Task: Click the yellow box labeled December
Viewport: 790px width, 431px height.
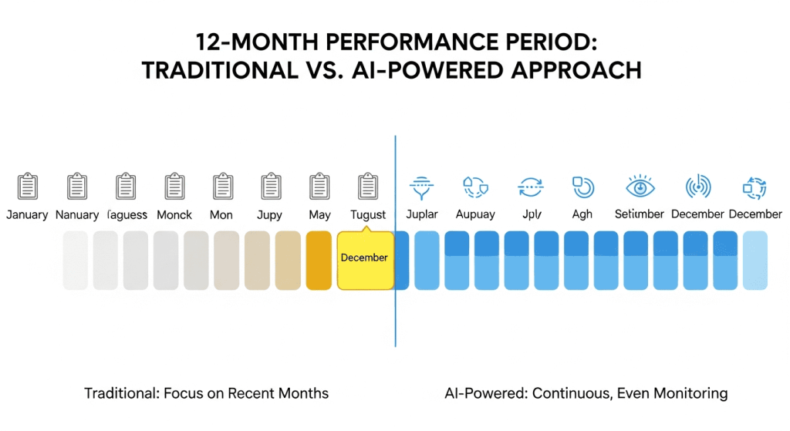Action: pyautogui.click(x=364, y=258)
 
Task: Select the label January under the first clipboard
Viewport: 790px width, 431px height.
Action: pyautogui.click(x=27, y=215)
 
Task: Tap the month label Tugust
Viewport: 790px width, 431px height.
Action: pyautogui.click(x=368, y=215)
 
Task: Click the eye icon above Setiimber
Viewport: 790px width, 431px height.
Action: pyautogui.click(x=640, y=187)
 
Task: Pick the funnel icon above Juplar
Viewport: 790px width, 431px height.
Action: pyautogui.click(x=421, y=187)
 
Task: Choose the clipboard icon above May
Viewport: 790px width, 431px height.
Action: pyautogui.click(x=319, y=187)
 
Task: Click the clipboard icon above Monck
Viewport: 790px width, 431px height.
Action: pyautogui.click(x=174, y=187)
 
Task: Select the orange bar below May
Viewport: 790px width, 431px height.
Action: pyautogui.click(x=319, y=261)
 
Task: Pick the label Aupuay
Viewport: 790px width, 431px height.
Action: pyautogui.click(x=475, y=214)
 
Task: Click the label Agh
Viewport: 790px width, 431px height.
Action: pyautogui.click(x=582, y=214)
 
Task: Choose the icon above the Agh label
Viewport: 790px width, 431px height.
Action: pyautogui.click(x=582, y=187)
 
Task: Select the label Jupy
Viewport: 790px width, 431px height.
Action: pyautogui.click(x=269, y=215)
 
